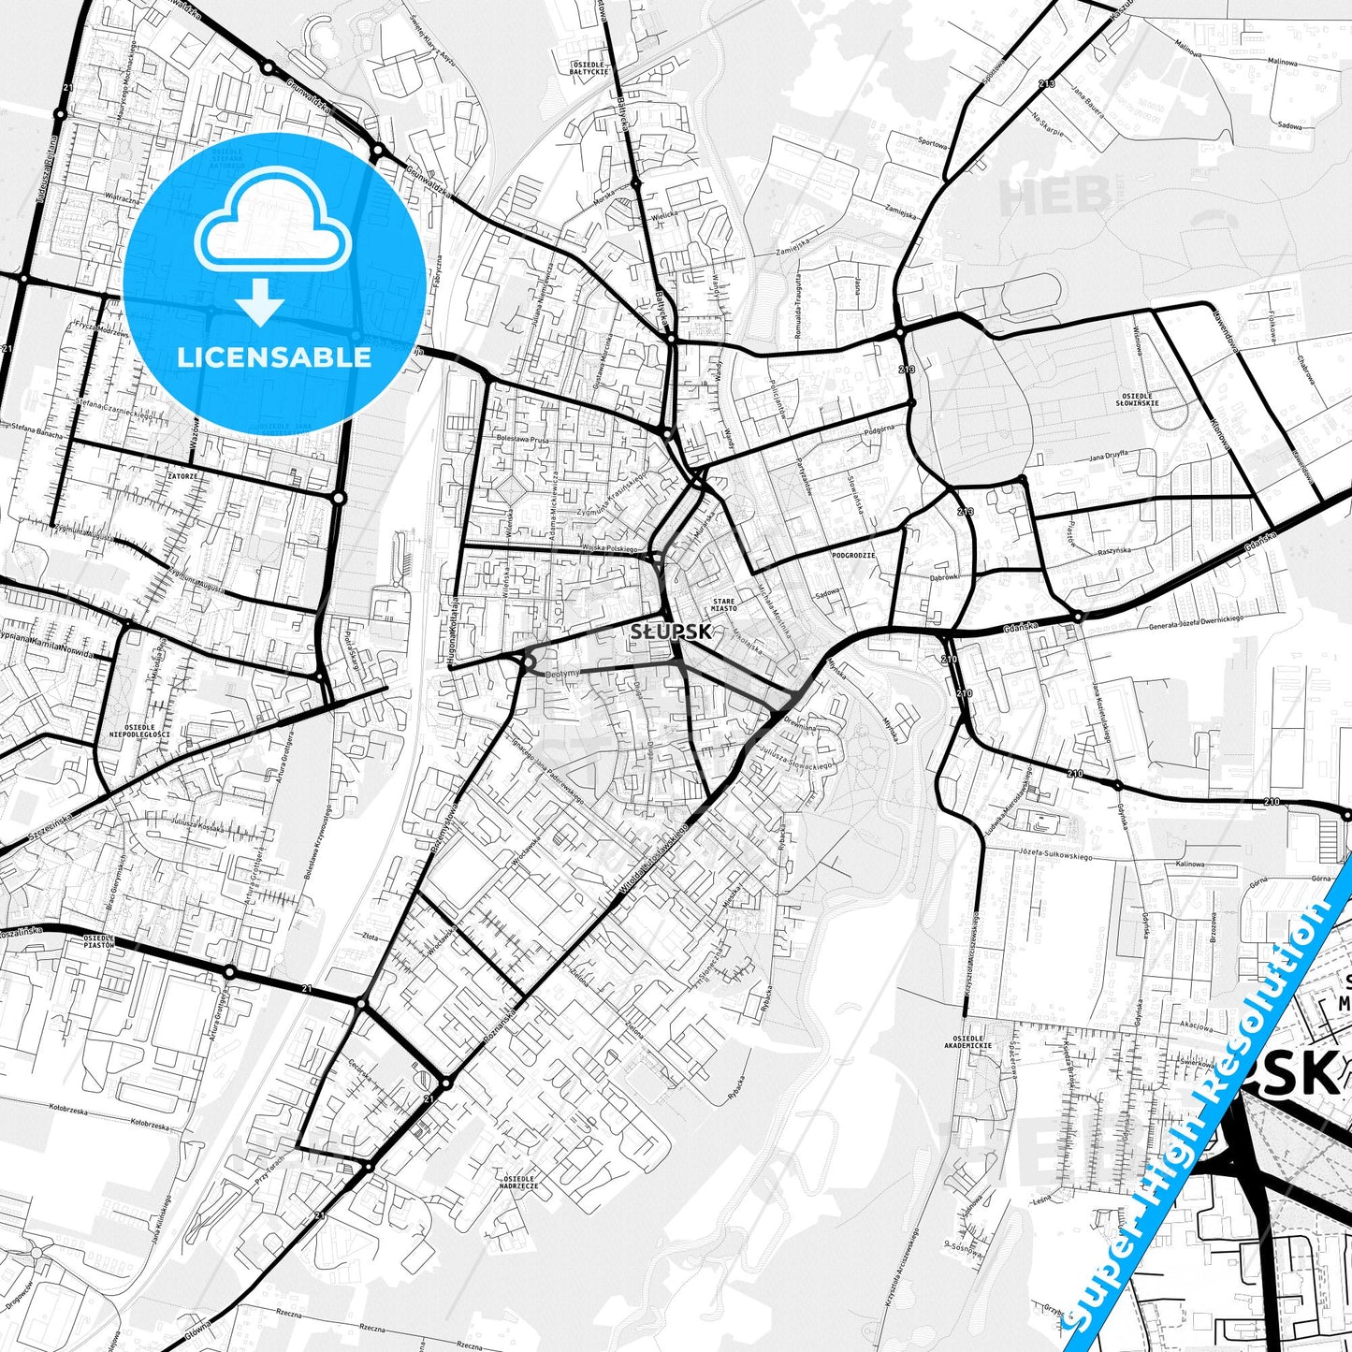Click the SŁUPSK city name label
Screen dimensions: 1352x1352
pyautogui.click(x=671, y=632)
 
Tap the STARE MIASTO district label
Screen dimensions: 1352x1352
pyautogui.click(x=724, y=603)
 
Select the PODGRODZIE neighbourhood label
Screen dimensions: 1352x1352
pyautogui.click(x=853, y=555)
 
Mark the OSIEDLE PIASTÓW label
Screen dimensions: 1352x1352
pyautogui.click(x=98, y=940)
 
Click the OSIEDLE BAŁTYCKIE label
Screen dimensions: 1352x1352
pyautogui.click(x=589, y=67)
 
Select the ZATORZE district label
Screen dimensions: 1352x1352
pyautogui.click(x=182, y=476)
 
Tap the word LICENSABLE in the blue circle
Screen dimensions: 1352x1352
pyautogui.click(x=274, y=356)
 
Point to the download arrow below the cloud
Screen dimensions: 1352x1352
pyautogui.click(x=260, y=304)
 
